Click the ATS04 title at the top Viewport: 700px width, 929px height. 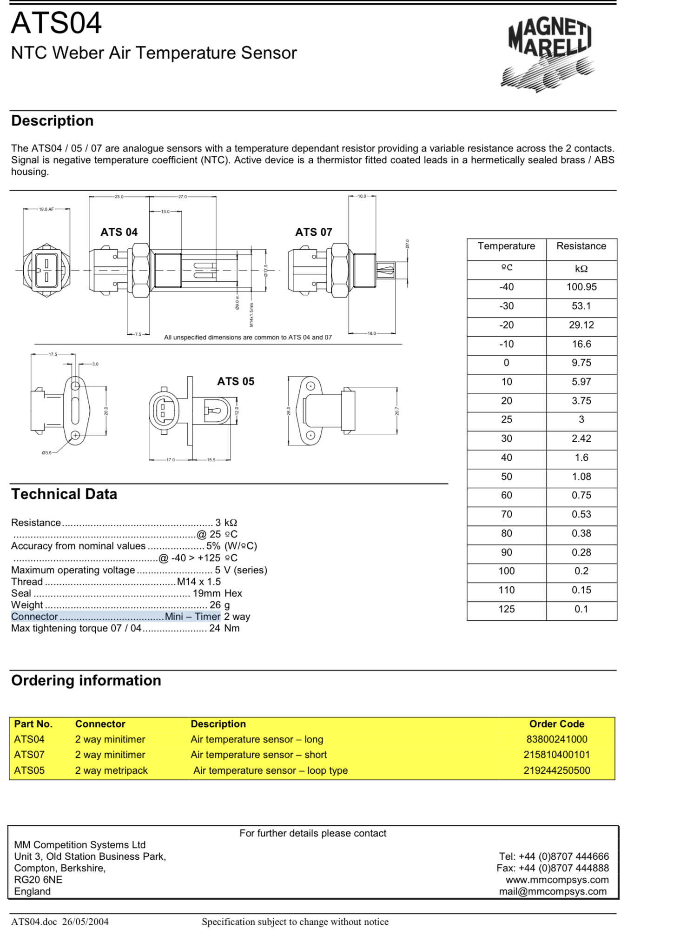[56, 23]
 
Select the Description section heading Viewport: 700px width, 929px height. [53, 121]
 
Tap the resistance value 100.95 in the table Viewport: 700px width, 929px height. [581, 287]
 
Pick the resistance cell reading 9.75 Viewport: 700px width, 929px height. [581, 363]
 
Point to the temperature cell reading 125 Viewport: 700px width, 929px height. [506, 609]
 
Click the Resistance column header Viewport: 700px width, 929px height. [581, 246]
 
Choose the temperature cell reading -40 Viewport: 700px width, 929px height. [506, 287]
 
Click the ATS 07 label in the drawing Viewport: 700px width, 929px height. [314, 232]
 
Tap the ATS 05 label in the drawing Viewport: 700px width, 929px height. [236, 381]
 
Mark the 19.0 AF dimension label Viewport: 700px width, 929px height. [46, 209]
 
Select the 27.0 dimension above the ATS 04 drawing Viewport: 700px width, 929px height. [183, 197]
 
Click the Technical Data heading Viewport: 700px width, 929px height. [64, 494]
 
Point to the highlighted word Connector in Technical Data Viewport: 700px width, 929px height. [34, 617]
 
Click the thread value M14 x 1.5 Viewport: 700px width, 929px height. [198, 582]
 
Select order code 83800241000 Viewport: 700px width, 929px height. [556, 739]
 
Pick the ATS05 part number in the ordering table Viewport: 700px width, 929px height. [29, 770]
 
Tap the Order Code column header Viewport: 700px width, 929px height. [556, 724]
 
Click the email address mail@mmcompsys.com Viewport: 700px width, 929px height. [553, 891]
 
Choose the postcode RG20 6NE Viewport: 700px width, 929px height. [38, 880]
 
